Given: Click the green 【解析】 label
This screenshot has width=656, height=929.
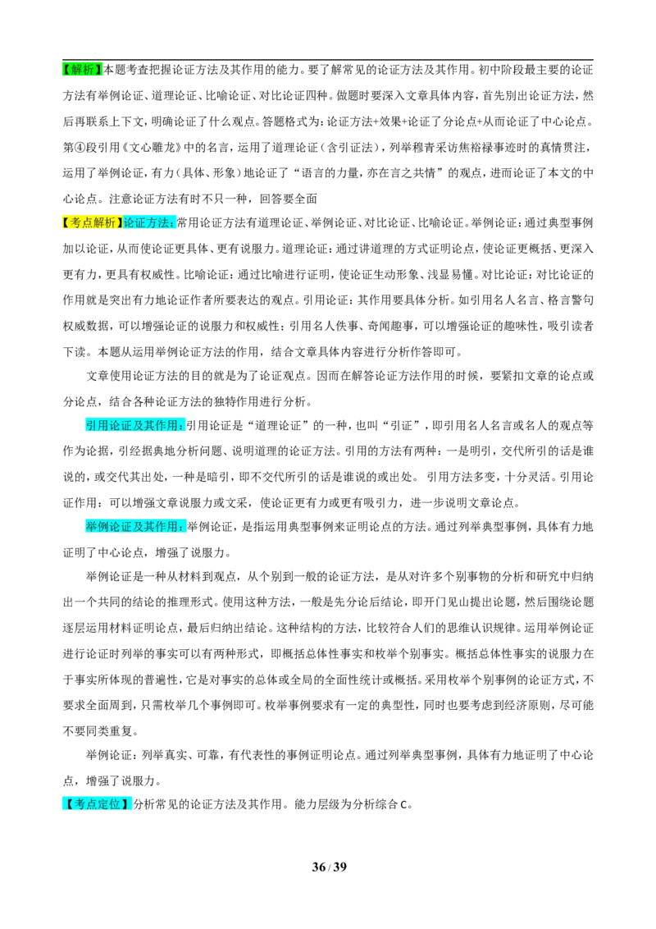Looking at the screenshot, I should tap(82, 70).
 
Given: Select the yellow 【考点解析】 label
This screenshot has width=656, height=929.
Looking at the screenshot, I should tap(92, 222).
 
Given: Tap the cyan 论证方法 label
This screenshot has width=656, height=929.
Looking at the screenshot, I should tap(149, 222).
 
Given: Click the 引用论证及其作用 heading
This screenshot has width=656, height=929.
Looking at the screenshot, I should tap(134, 425).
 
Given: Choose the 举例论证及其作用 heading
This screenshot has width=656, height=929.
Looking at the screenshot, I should tap(134, 527).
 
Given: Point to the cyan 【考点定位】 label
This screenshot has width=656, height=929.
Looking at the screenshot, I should tap(97, 804).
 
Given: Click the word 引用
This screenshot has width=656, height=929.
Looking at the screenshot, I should tap(97, 425).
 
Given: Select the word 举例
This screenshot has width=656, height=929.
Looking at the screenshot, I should tap(97, 527).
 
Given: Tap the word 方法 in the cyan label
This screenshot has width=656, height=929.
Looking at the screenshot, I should tap(158, 222).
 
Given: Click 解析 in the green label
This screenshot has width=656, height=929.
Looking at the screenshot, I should tap(82, 70).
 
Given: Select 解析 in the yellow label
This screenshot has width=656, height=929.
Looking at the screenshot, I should tap(104, 222).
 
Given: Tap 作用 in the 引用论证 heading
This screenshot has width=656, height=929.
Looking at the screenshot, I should tap(167, 425).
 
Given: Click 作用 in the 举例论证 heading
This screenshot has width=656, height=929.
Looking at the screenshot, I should tap(167, 527).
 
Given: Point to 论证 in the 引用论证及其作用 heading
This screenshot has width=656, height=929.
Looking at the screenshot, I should tap(121, 425).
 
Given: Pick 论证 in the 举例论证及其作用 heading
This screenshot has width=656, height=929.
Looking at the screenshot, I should tap(121, 527).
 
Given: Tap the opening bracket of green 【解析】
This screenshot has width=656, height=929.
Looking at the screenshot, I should tap(65, 70).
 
